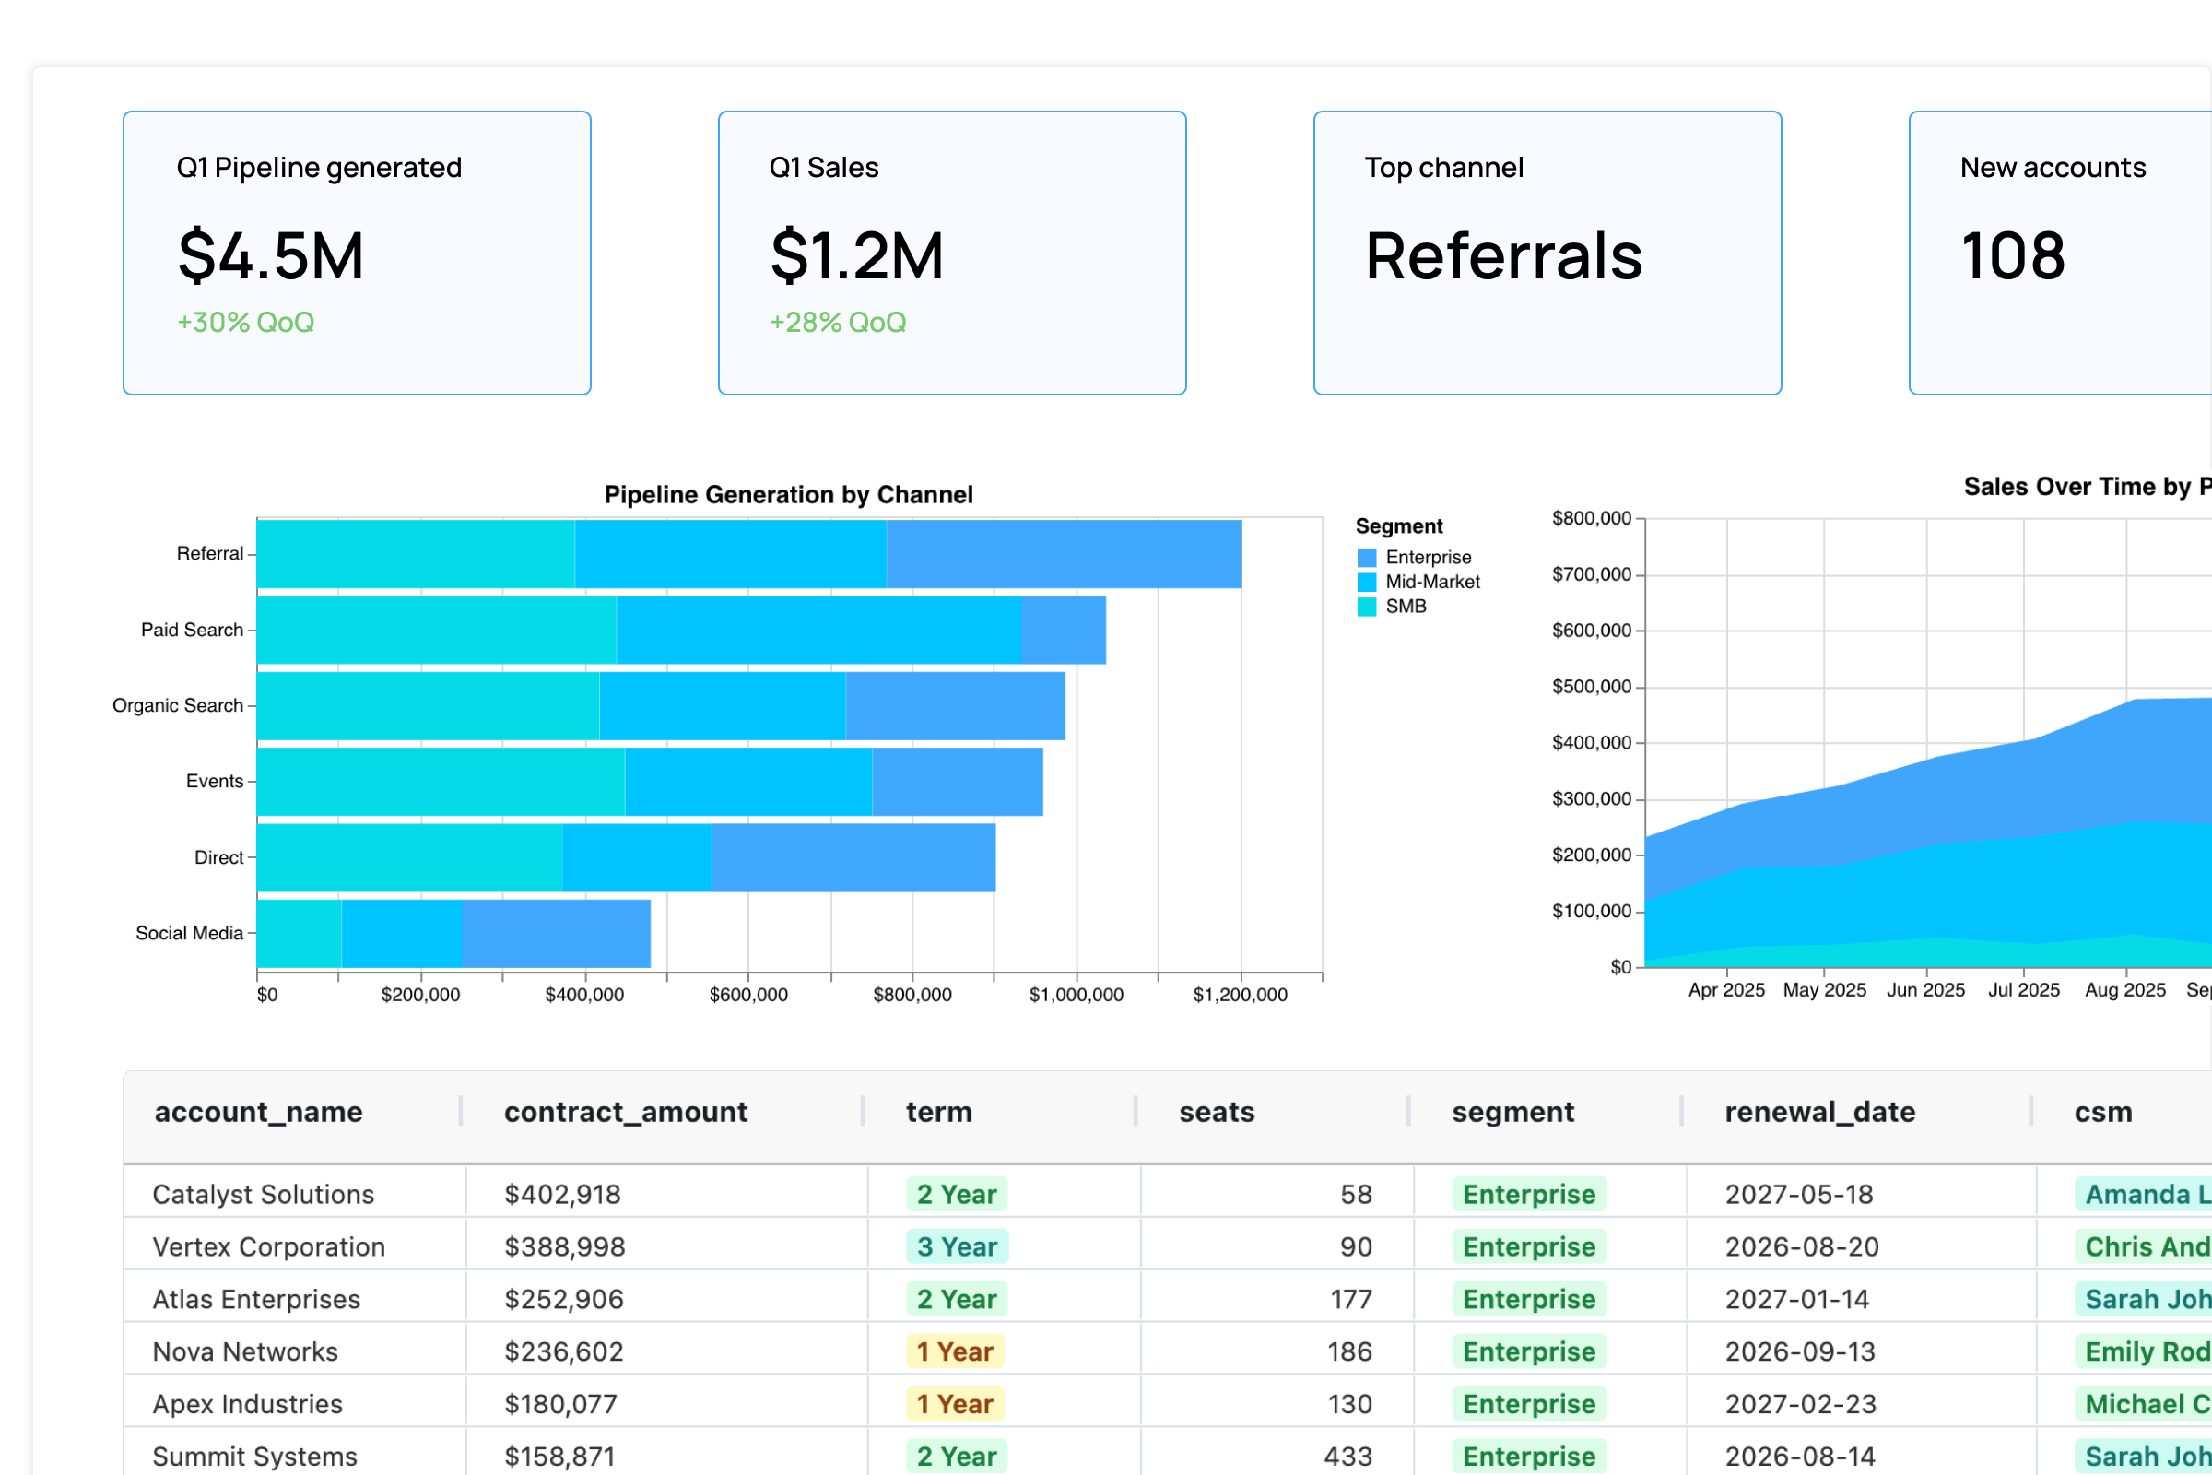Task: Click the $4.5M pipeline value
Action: pos(271,256)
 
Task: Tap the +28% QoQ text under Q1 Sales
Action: pos(837,323)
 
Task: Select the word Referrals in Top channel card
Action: pos(1503,256)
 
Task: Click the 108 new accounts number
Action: pos(2012,256)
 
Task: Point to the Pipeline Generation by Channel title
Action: pos(788,495)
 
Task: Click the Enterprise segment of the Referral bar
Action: pos(1063,554)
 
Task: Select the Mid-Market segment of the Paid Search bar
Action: pos(818,631)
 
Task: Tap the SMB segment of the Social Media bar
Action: pos(299,933)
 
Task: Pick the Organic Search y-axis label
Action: pos(178,705)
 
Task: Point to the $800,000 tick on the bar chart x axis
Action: pos(912,996)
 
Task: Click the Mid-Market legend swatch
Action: pos(1367,583)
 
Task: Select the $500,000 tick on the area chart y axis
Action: pos(1592,688)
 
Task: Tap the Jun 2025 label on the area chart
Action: pos(1925,990)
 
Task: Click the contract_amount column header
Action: pos(626,1112)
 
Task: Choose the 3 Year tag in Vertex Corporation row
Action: pos(957,1246)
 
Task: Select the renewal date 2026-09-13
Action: pos(1799,1351)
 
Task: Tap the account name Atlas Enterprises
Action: pos(256,1299)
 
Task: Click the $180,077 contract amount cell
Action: pos(560,1403)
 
